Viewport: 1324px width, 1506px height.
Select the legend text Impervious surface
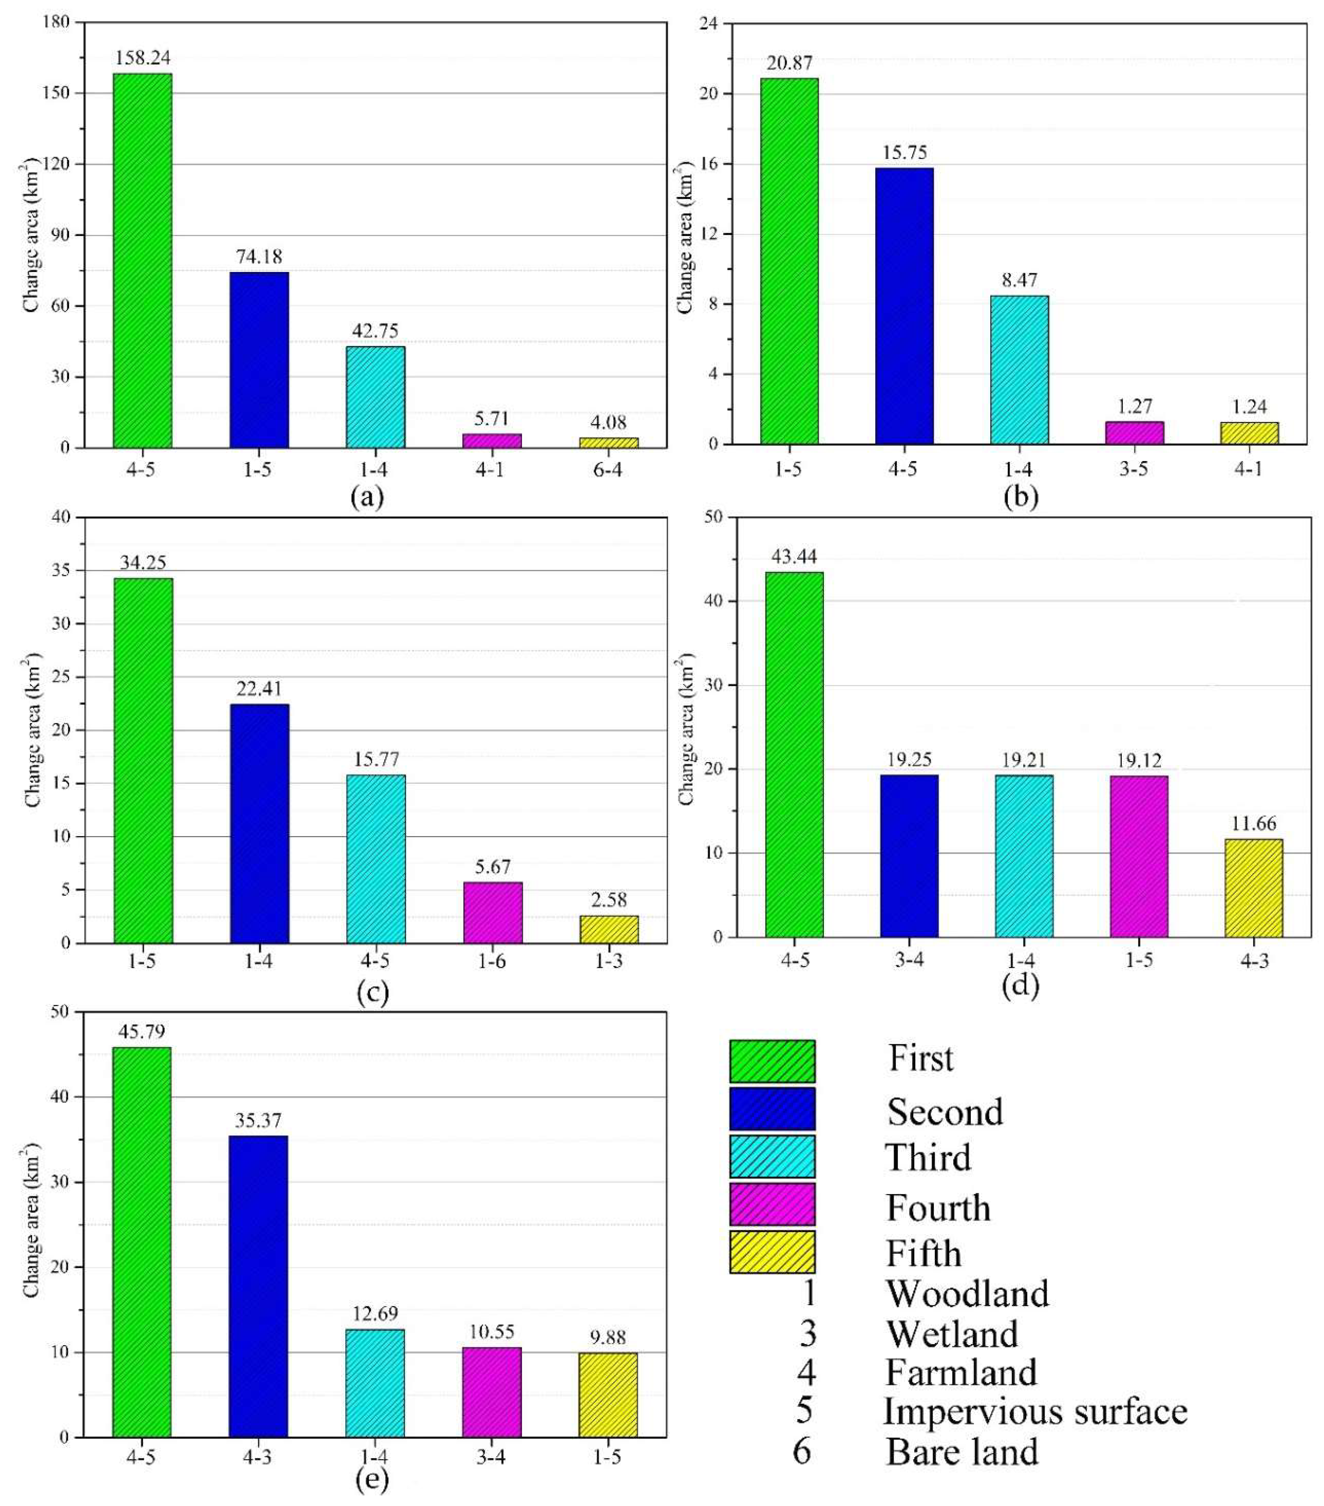point(1035,1411)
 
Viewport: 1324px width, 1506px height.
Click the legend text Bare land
point(962,1452)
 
